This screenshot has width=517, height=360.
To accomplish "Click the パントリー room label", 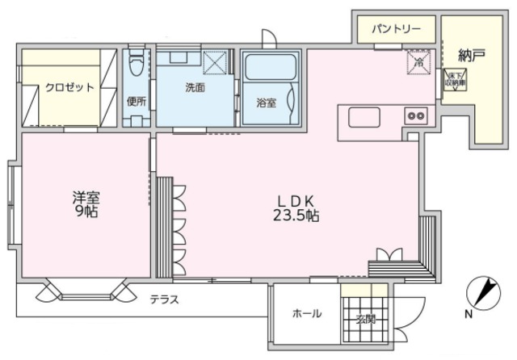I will click(x=396, y=29).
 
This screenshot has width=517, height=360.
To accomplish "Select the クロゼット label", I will click(x=69, y=87).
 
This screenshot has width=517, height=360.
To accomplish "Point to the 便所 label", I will click(x=136, y=102).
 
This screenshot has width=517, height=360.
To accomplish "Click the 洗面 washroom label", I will click(x=195, y=87).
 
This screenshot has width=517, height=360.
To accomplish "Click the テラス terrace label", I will click(x=164, y=299).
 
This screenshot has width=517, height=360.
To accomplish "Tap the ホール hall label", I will click(x=306, y=313).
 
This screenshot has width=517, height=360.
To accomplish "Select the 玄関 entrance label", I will click(x=365, y=318).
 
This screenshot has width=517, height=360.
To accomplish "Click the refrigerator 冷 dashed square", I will click(x=418, y=61).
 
